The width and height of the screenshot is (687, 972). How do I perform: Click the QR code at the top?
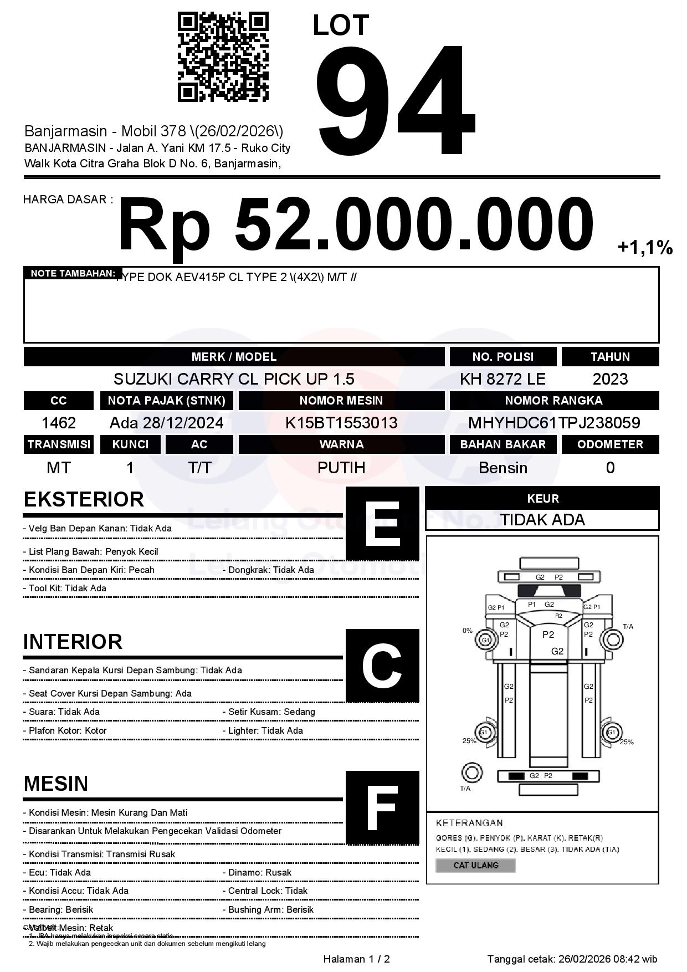223,57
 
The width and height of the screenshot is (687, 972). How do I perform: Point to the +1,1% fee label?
645,248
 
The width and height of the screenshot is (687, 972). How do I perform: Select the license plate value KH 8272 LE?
503,379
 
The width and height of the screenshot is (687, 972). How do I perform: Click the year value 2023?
610,379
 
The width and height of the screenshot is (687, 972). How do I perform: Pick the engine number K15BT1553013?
341,423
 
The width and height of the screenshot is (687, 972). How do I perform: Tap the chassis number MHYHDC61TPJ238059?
554,423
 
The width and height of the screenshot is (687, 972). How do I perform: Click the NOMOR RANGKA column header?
554,400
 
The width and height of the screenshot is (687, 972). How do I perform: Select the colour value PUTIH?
341,468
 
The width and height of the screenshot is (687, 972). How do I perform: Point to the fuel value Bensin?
503,468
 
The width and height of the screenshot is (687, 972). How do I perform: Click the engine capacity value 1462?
59,423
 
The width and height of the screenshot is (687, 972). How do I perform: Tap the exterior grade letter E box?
382,524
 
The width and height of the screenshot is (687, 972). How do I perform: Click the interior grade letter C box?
382,666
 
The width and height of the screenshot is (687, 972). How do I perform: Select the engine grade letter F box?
382,807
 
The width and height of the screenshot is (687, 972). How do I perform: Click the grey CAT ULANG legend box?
475,865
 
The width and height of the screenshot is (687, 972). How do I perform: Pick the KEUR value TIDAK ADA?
542,520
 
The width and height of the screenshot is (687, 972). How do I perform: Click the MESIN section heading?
56,784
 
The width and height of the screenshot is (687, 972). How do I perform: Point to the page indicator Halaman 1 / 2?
356,959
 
